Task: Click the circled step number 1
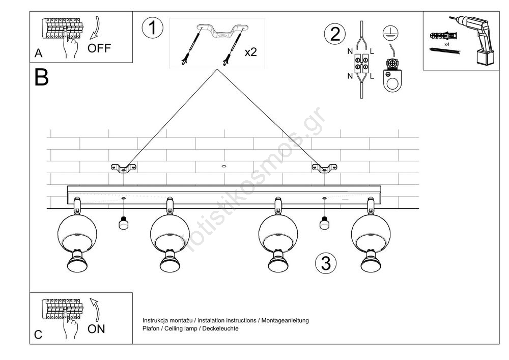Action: [x=152, y=28]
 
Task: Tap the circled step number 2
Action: [x=334, y=34]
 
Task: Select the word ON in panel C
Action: [x=96, y=329]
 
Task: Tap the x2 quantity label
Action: [x=250, y=52]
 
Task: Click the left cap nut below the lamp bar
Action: [x=122, y=223]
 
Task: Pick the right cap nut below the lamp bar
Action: [x=323, y=223]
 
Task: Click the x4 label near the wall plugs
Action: [x=446, y=45]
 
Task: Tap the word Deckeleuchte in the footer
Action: [x=222, y=328]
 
